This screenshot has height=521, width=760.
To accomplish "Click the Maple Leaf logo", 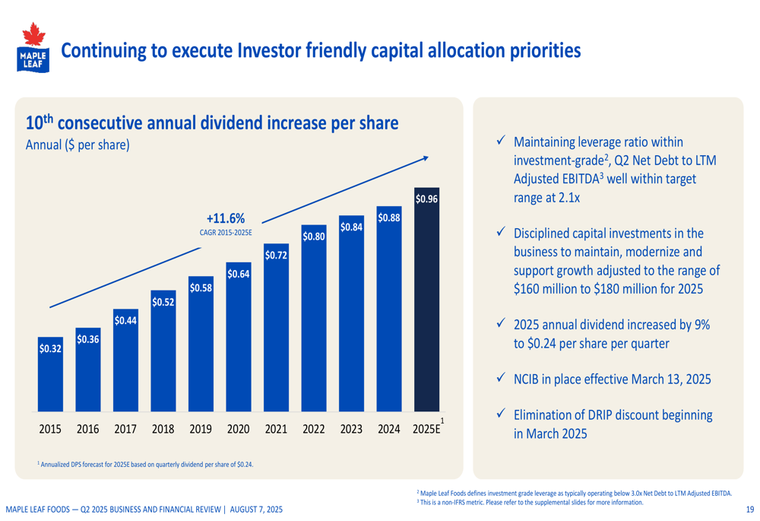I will (32, 47).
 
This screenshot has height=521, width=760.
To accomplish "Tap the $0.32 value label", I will (50, 349).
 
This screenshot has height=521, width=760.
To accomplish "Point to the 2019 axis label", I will (201, 430).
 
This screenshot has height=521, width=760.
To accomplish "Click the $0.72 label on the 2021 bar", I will (276, 256).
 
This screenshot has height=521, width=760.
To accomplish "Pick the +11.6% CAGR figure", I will (226, 219).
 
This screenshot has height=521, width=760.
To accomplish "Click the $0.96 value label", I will (426, 199).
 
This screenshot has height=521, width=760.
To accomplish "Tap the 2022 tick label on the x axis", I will (313, 430).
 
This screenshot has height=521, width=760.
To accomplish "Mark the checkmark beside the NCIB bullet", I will (501, 378).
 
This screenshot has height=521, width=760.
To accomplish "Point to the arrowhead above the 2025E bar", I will (426, 158).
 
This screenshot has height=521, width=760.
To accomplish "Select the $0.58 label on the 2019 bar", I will (201, 288).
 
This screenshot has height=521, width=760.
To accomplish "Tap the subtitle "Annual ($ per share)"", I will (78, 145).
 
